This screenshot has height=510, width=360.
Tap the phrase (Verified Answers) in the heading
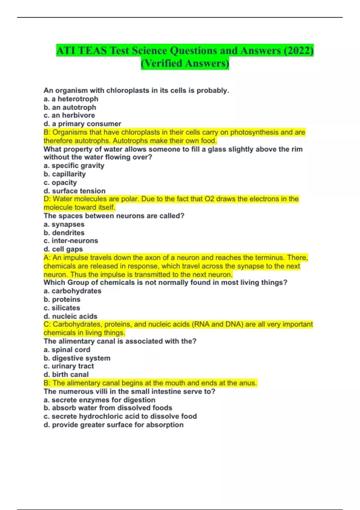185,63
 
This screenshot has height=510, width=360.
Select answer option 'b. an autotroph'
70,107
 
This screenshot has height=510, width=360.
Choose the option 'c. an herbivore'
69,115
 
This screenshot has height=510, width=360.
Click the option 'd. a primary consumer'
82,124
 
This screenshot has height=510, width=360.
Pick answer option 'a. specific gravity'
74,166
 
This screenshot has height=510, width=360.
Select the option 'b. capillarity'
65,174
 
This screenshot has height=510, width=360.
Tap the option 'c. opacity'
60,182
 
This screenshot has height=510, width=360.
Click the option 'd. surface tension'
75,191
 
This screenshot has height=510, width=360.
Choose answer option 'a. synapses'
64,224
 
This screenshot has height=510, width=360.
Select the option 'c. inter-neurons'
71,241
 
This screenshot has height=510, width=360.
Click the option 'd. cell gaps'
63,249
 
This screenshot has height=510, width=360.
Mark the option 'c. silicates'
62,308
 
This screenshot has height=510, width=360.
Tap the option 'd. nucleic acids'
70,316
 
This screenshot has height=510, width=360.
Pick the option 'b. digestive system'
77,358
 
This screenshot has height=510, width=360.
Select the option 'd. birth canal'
66,374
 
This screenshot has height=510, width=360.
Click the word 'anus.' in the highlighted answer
247,383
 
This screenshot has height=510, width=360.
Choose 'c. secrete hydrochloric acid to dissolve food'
120,416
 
